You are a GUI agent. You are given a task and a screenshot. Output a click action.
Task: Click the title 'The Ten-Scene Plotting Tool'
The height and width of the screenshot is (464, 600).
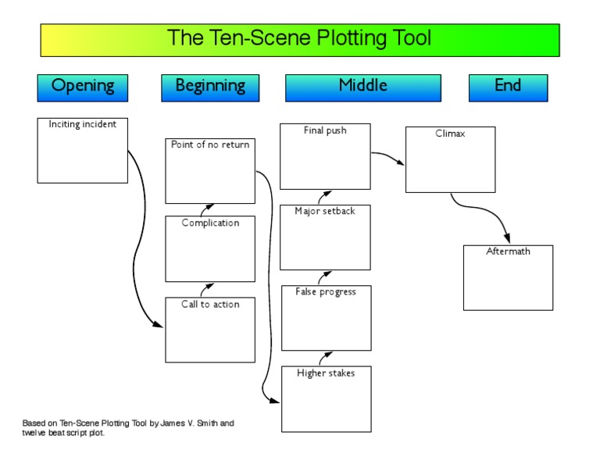[x=299, y=38]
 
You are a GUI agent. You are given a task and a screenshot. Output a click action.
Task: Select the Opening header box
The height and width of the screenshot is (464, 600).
[x=82, y=87]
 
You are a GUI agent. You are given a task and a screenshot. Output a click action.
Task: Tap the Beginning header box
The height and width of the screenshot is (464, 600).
[x=209, y=87]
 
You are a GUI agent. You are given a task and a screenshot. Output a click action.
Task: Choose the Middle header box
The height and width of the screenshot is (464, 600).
[x=362, y=87]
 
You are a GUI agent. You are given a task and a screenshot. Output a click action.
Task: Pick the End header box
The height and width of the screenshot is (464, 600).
[x=508, y=87]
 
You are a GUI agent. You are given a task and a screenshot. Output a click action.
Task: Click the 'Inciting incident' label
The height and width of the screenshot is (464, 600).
[x=82, y=124]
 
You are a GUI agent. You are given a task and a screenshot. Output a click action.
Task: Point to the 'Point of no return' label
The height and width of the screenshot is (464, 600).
[x=210, y=145]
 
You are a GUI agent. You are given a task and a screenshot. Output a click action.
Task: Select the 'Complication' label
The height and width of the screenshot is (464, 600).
[x=210, y=223]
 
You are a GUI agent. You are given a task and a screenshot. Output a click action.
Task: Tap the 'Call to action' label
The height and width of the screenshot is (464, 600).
[x=210, y=304]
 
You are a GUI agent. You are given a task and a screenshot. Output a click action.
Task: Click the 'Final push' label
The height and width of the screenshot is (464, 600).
[x=325, y=130]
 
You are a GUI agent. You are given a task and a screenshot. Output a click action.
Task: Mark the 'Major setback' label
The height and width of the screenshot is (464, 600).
[x=325, y=211]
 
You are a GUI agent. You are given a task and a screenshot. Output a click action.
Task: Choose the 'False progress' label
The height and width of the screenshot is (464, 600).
[x=326, y=291]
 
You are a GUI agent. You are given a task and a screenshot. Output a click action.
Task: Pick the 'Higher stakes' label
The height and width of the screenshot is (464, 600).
[x=326, y=373]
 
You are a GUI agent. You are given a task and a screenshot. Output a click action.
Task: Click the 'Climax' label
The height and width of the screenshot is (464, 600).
[x=450, y=134]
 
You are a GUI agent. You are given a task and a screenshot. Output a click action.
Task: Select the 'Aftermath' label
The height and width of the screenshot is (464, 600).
[x=508, y=252]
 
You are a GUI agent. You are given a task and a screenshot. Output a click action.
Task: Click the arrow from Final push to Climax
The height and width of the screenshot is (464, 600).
[x=387, y=158]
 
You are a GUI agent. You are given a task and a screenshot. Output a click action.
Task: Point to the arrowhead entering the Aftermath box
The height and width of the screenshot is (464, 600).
[x=507, y=239]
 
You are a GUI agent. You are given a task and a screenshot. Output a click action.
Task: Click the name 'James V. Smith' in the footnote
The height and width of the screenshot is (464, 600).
[x=188, y=423]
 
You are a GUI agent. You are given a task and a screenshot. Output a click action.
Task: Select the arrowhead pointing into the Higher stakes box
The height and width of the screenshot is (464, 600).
[x=275, y=402]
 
